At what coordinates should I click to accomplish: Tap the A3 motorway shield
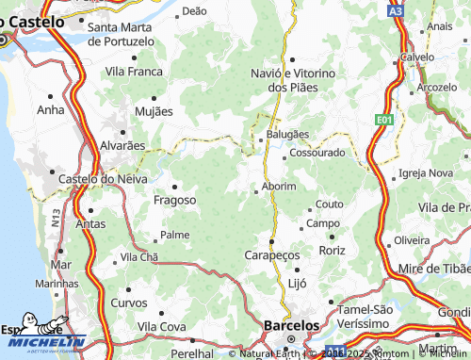tap(396, 10)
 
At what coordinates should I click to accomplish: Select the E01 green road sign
tap(382, 121)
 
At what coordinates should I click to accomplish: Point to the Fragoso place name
tap(174, 200)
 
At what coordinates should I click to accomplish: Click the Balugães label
tap(286, 135)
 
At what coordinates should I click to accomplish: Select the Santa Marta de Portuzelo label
tap(121, 34)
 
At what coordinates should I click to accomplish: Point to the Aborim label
tap(280, 187)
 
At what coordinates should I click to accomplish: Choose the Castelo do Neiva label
tap(95, 178)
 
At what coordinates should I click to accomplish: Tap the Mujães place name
tap(154, 111)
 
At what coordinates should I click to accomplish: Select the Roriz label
tap(333, 251)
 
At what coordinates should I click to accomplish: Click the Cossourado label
tap(317, 152)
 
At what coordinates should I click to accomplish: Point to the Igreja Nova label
tap(426, 173)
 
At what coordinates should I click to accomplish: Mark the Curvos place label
tap(128, 303)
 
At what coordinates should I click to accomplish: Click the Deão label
tap(193, 11)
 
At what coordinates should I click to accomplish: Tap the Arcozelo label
tap(436, 87)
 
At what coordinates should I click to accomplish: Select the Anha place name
tap(49, 109)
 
